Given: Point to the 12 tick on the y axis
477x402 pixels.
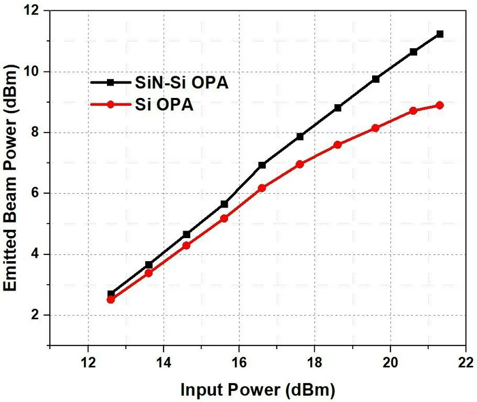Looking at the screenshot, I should (35, 11).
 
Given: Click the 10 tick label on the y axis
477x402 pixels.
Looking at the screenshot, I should (35, 72).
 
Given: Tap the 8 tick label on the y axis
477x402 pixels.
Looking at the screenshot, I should (38, 133).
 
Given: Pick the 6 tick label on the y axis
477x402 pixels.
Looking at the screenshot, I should (38, 193).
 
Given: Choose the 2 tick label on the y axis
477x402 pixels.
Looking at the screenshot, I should (38, 315).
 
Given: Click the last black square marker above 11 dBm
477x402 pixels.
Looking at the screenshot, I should (440, 34).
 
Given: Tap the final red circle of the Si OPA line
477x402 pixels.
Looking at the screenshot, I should (440, 105).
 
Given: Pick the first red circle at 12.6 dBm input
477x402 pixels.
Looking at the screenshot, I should (111, 299).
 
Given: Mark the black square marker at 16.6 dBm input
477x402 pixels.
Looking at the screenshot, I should (262, 165).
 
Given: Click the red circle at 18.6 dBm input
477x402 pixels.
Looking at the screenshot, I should (337, 145).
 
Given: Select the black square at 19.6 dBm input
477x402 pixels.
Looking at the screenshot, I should (375, 79).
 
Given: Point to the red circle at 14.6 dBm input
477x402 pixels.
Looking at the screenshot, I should (187, 246).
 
